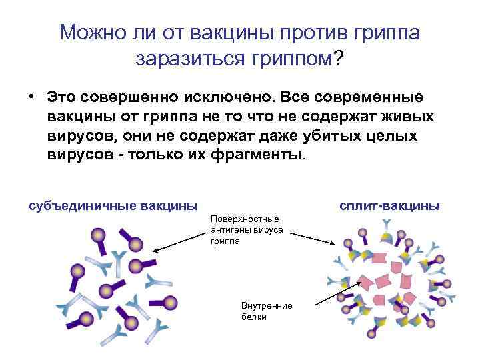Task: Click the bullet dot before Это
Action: tap(31, 98)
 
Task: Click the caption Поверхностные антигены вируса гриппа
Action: tap(246, 230)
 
